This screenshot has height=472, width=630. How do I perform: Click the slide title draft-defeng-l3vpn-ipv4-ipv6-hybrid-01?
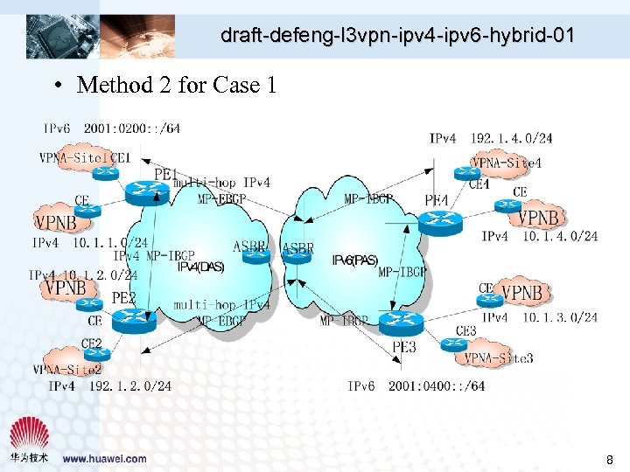point(397,36)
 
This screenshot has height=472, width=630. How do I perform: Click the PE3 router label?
point(403,347)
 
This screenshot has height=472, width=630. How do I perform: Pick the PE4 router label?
point(437,201)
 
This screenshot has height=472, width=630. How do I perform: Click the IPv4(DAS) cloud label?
point(201,267)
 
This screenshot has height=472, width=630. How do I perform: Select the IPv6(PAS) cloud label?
point(354,260)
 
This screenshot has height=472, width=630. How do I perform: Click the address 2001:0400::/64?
point(437,385)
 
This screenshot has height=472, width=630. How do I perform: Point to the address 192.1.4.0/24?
point(512,138)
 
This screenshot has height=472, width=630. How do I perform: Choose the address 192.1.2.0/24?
point(130,385)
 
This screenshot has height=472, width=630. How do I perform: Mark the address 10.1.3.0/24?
point(560,316)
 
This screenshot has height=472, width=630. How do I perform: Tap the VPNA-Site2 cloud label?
point(73,370)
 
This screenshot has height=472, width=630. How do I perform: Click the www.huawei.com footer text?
point(104,458)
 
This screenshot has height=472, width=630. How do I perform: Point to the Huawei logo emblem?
point(28,434)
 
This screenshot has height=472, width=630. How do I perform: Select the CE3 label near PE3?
point(465,331)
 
